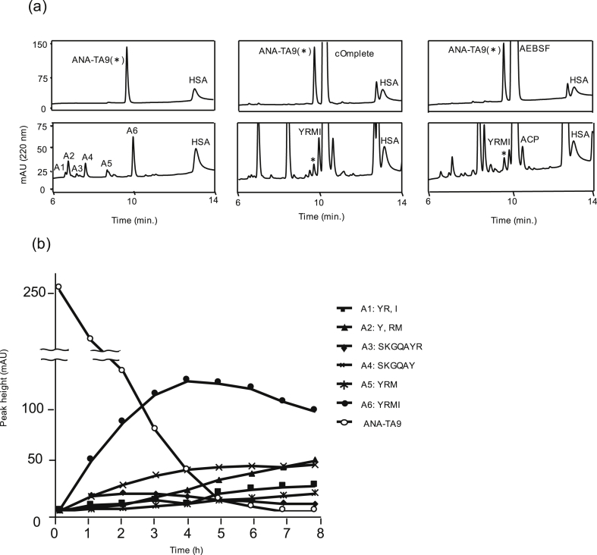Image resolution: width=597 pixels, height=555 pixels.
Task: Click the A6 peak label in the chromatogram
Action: pyautogui.click(x=132, y=131)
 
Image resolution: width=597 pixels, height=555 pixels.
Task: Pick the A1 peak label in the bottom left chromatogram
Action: pyautogui.click(x=59, y=168)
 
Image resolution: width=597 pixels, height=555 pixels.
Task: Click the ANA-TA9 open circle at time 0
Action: pyautogui.click(x=58, y=287)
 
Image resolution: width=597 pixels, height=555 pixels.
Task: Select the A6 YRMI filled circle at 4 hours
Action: pyautogui.click(x=187, y=379)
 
